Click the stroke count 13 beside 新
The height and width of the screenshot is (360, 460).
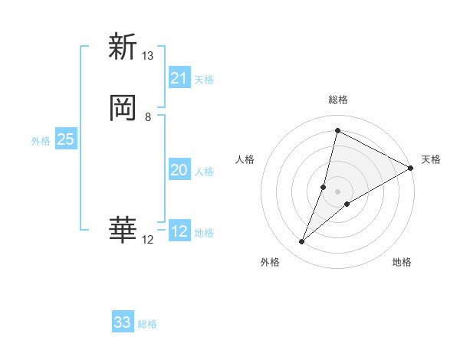[148, 56]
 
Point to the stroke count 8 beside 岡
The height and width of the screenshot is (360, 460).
[148, 117]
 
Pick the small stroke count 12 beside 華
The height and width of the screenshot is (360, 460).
[148, 240]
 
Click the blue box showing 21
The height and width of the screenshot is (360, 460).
[179, 78]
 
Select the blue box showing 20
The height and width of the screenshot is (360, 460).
[179, 170]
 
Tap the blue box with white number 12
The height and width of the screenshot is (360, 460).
[179, 231]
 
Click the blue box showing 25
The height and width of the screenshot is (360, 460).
[66, 139]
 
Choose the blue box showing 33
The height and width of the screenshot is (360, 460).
[123, 322]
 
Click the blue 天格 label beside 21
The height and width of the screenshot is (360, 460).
[204, 80]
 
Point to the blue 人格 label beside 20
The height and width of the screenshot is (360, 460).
[204, 172]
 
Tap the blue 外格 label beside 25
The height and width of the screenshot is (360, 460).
[41, 141]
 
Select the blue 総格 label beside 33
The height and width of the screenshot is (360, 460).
[147, 324]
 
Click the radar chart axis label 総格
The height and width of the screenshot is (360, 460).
[338, 100]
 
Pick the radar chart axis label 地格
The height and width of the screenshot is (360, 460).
[402, 262]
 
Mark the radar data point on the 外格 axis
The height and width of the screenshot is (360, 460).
[302, 242]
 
